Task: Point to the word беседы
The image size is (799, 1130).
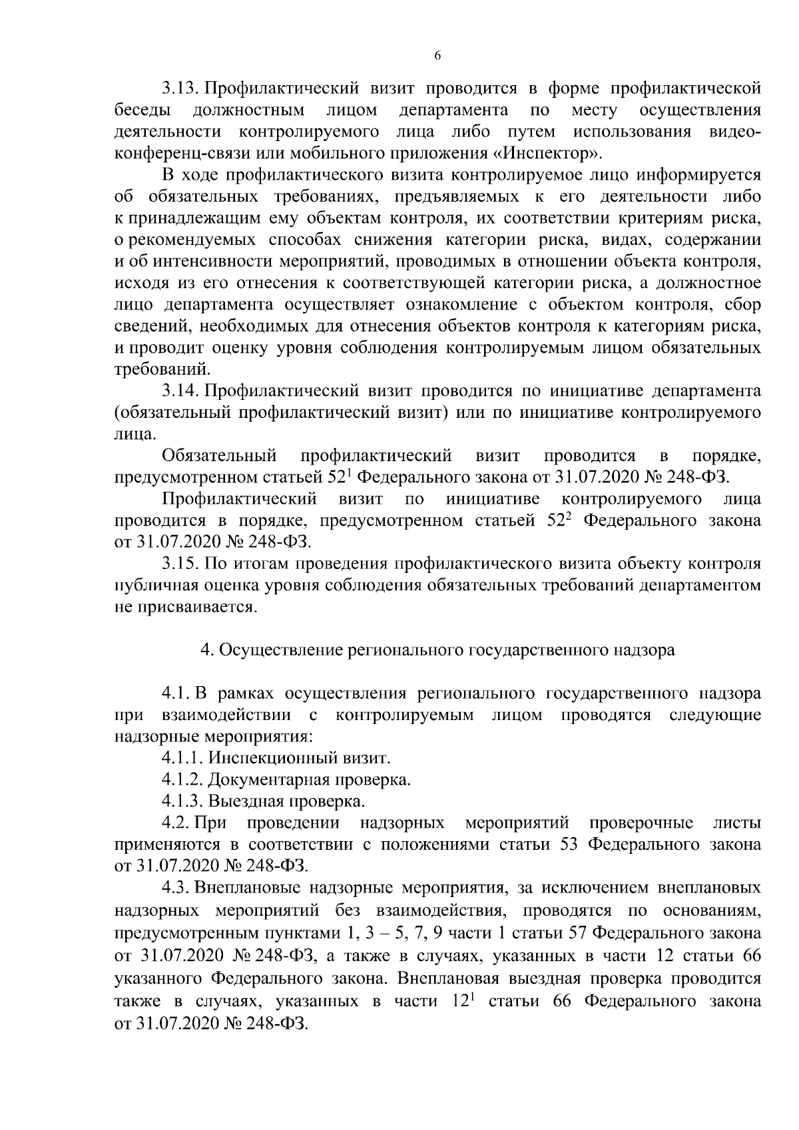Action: (x=140, y=110)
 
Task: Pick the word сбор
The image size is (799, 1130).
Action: (x=740, y=305)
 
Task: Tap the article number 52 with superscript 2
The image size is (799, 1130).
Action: (x=559, y=520)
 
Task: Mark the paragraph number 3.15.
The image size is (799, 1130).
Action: (x=181, y=564)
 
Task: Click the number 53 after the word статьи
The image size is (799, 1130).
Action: (x=567, y=845)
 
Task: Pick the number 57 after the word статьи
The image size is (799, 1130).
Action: (x=573, y=932)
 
